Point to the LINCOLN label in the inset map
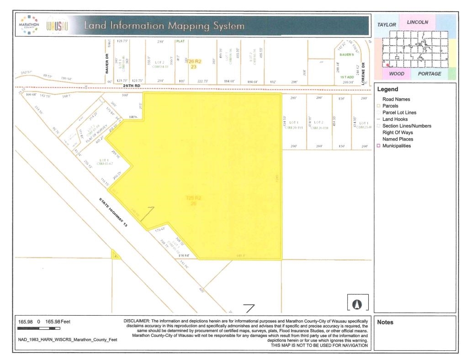(417, 21)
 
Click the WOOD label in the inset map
(396, 74)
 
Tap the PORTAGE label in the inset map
(430, 74)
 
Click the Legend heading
(387, 90)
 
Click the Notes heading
(385, 322)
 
